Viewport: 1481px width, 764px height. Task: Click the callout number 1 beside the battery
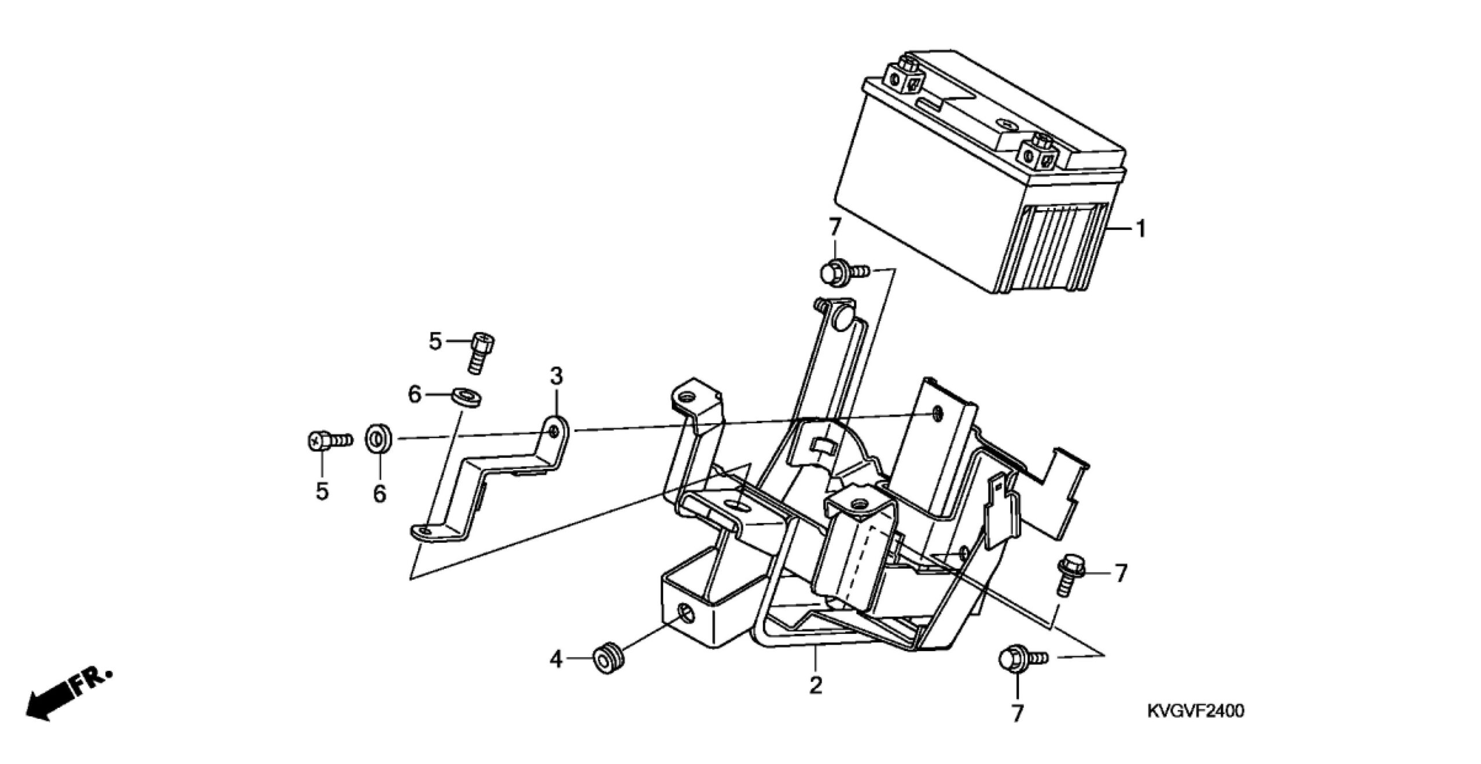(x=1140, y=230)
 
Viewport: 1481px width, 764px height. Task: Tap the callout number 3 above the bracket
(x=555, y=376)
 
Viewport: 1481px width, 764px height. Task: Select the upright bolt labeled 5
(x=480, y=354)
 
